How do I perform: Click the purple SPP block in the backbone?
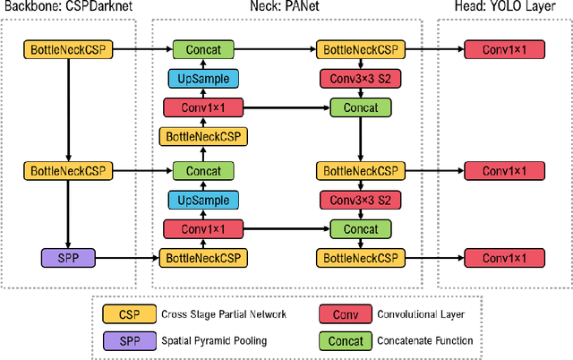pos(68,258)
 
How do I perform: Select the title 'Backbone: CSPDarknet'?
pos(68,8)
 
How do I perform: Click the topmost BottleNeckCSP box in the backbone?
pos(68,50)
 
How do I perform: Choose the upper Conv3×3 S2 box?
pos(360,79)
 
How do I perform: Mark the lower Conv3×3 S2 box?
pos(360,200)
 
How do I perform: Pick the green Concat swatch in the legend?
pos(345,340)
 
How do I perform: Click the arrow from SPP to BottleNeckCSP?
pos(125,258)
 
